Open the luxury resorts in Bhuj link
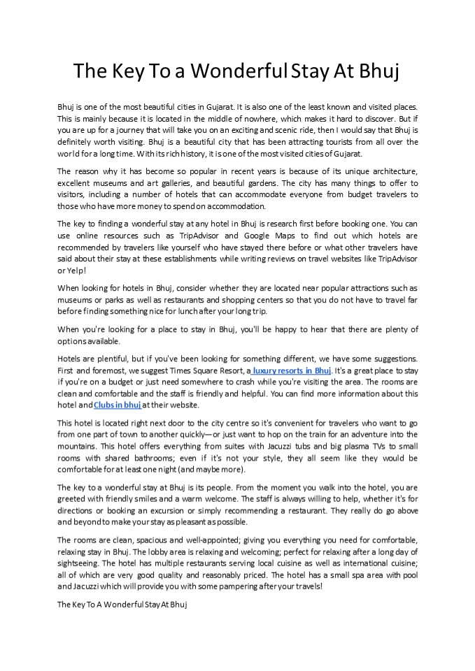(292, 370)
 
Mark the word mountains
(76, 447)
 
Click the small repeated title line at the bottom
(122, 603)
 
